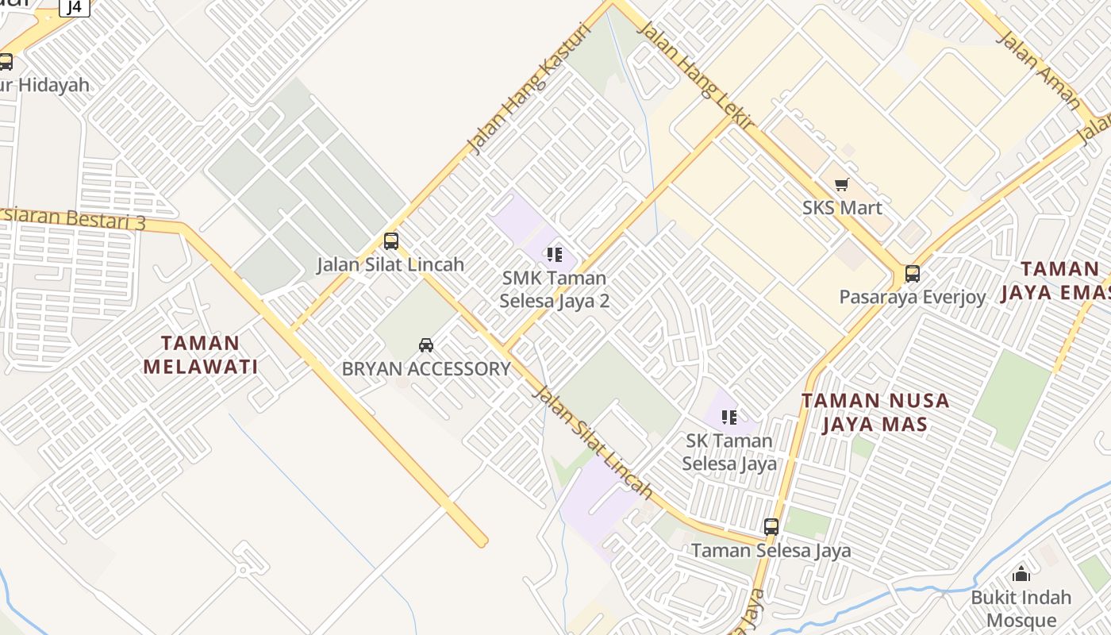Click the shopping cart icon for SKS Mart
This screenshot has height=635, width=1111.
coord(841,185)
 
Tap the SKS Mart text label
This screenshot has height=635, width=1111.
coord(842,208)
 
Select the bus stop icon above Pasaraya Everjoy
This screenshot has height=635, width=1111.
coord(913,274)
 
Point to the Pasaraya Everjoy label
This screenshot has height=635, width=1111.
coord(913,298)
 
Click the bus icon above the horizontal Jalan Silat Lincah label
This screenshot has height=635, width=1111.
coord(390,241)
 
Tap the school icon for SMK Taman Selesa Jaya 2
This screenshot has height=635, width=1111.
coord(554,255)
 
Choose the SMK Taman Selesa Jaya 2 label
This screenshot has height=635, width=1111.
coord(554,290)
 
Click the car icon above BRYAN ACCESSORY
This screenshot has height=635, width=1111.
coord(426,344)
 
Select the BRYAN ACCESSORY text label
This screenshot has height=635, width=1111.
coord(426,369)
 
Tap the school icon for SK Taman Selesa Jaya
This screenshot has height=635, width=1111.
coord(729,417)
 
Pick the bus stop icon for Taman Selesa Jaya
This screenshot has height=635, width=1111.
coord(771,526)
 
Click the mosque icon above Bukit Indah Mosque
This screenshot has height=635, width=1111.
coord(1021,573)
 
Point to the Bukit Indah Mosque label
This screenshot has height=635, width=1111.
coord(1021,608)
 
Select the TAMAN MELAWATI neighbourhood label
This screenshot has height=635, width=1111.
coord(201,355)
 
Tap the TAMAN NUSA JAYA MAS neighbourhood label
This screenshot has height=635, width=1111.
coord(875,412)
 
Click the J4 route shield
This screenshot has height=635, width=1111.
coord(75,7)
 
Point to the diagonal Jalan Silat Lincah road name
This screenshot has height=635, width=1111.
coord(592,442)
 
